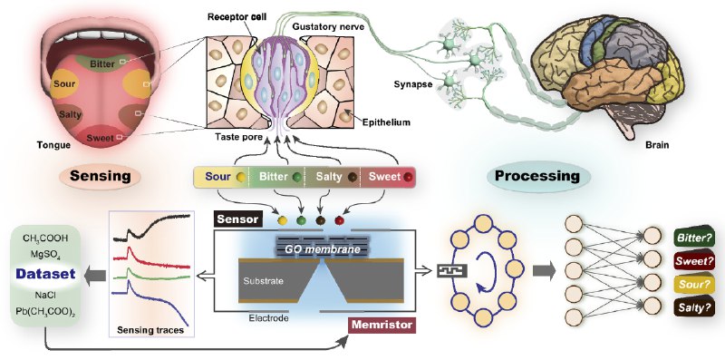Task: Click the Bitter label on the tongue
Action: point(102,63)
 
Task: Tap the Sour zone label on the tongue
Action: point(64,84)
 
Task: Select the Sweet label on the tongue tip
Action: point(101,138)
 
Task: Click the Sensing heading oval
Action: point(101,176)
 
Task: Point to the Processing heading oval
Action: point(537,176)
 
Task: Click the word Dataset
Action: point(46,274)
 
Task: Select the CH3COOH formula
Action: point(45,238)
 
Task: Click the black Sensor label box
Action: point(238,219)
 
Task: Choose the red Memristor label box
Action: point(382,325)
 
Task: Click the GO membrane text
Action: point(323,249)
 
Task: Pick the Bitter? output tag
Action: point(693,238)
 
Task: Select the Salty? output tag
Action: point(693,307)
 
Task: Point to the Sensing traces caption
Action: point(150,330)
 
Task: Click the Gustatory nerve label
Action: point(328,27)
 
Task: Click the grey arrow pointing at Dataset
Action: point(96,276)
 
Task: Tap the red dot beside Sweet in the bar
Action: point(407,177)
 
